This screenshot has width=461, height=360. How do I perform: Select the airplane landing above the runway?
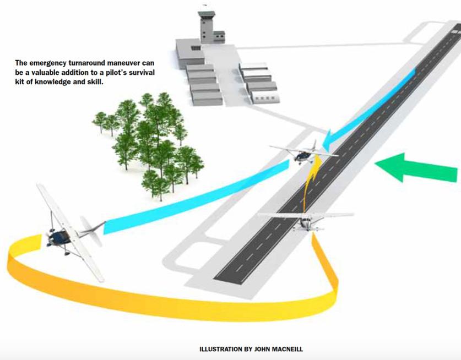pos(301,152)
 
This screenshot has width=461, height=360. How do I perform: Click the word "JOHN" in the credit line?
pos(257,349)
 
